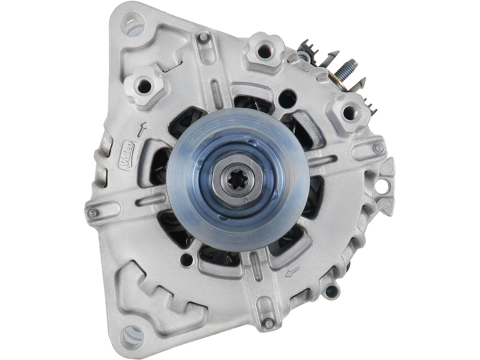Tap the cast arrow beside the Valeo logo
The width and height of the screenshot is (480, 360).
pos(142,129)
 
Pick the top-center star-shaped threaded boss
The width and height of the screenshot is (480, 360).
pos(264,51)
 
